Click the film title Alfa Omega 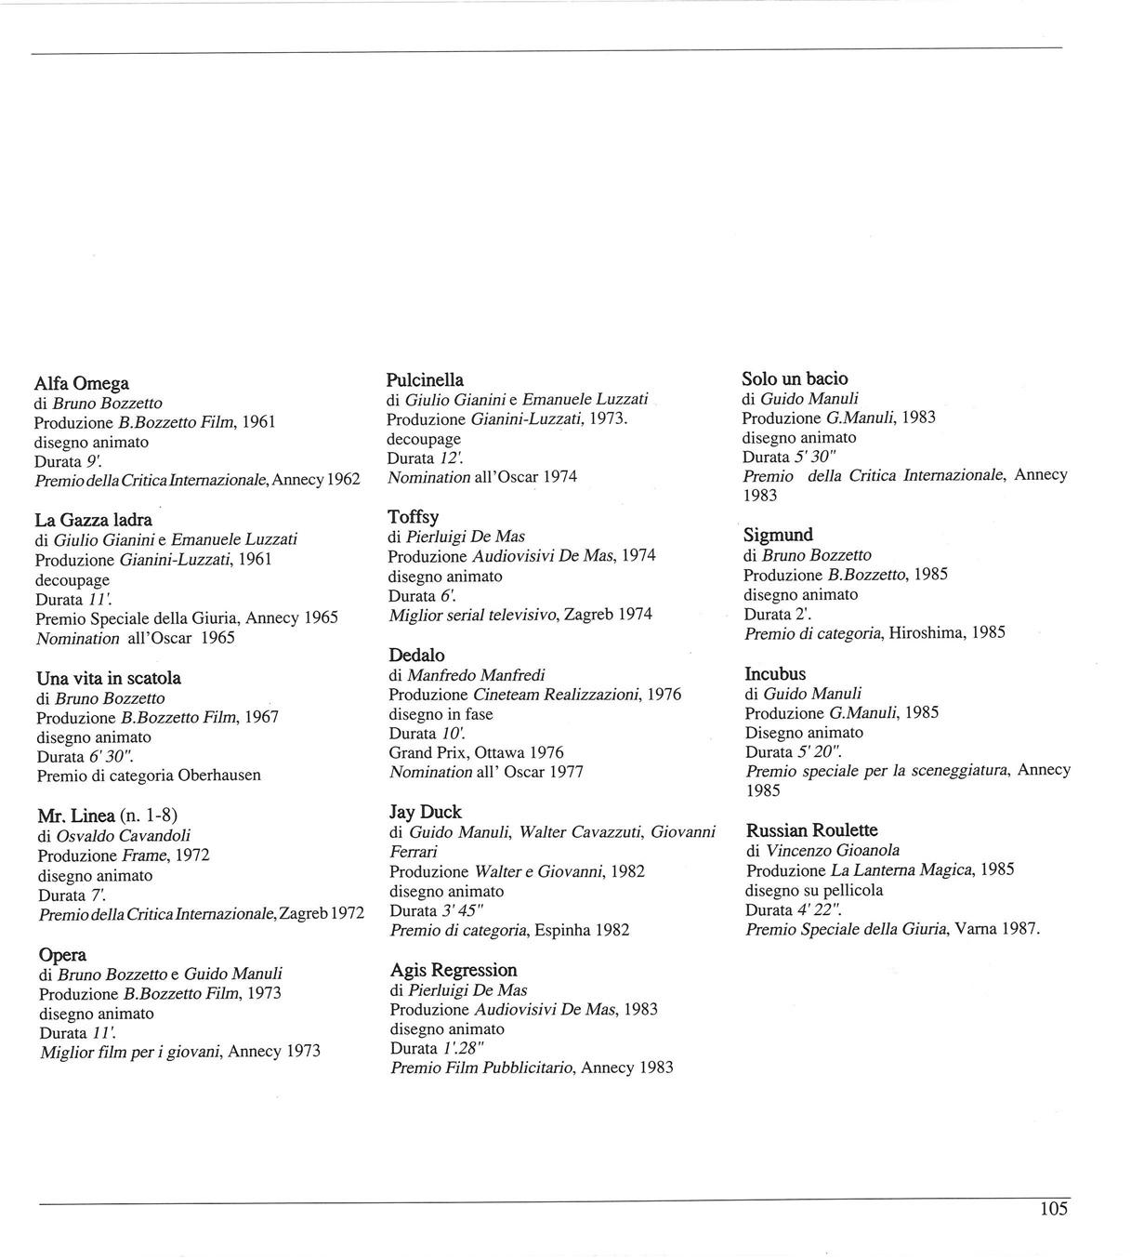coord(82,383)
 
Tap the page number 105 coord(1054,1209)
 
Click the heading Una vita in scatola coord(109,678)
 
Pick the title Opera coord(62,954)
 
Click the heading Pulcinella coord(425,379)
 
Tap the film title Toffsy coord(413,516)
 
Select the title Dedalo coord(416,655)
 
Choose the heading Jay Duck coord(426,812)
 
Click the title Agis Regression coord(454,970)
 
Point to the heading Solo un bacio coord(795,378)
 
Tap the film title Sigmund coord(778,535)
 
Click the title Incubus coord(775,673)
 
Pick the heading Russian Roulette coord(811,829)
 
